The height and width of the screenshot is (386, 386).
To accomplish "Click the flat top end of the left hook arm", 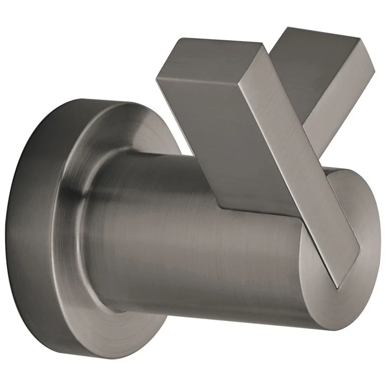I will click(211, 56).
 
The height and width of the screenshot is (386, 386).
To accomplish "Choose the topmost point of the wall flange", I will click(93, 100).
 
